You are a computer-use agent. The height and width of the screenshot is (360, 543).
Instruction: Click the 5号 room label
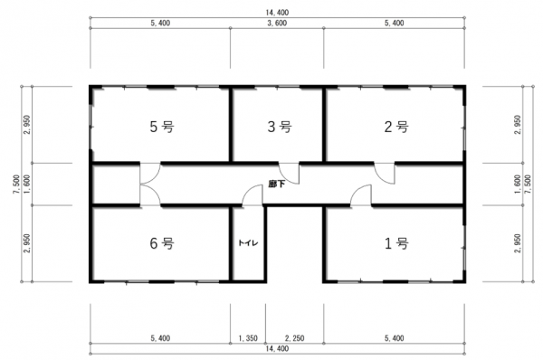162,127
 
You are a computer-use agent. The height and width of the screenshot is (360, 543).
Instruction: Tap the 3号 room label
280,127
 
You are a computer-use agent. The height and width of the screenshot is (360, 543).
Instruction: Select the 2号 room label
396,127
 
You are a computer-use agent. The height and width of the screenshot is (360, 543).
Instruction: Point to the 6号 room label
162,243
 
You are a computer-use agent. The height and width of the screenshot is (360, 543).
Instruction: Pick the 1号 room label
396,243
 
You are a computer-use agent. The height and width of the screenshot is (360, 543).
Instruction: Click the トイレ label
248,243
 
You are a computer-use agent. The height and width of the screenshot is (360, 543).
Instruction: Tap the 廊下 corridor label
277,184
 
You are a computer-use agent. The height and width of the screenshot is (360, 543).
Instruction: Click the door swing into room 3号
290,173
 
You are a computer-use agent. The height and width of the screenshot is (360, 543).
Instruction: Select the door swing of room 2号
385,173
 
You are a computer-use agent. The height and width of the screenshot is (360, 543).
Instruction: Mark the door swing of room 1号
361,195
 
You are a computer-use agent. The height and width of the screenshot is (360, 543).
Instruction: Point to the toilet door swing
252,195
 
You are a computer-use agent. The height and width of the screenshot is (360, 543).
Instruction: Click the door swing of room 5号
150,173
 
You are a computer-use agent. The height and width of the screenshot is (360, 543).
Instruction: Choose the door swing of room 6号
150,195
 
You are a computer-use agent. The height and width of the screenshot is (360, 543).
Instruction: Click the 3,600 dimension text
277,24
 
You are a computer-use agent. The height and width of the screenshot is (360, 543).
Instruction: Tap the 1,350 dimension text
248,338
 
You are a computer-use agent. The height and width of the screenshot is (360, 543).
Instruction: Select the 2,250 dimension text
295,338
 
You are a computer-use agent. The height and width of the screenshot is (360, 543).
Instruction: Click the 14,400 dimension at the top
277,13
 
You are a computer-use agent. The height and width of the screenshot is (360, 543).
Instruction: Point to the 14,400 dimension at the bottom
277,348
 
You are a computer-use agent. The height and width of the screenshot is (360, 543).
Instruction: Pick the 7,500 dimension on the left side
16,185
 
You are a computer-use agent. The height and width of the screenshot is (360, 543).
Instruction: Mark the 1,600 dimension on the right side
518,185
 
